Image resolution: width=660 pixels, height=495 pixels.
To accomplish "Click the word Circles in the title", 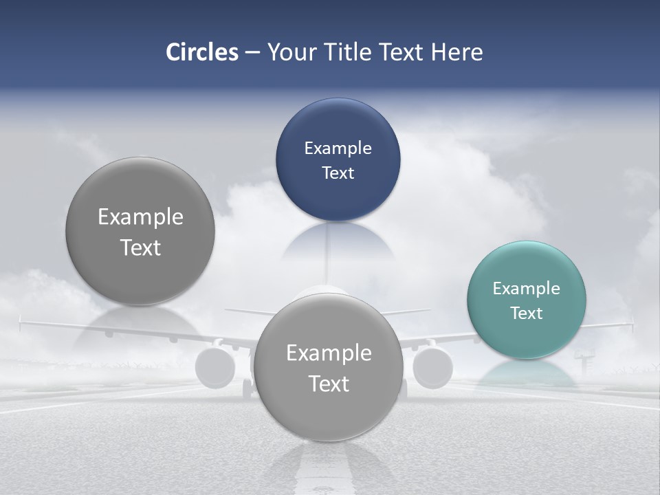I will [201, 52].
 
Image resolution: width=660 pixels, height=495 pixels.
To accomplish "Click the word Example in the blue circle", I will [338, 148].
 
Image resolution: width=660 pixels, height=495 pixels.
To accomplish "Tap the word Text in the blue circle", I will [338, 173].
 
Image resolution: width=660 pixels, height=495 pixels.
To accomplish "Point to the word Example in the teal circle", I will [527, 288].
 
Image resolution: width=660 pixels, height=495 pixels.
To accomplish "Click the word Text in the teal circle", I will [527, 313].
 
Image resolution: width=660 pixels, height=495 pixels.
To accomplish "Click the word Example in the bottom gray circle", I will [329, 353].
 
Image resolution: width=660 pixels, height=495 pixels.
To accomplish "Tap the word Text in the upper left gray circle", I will [140, 247].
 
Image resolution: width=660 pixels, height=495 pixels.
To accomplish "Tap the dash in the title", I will [252, 52].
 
